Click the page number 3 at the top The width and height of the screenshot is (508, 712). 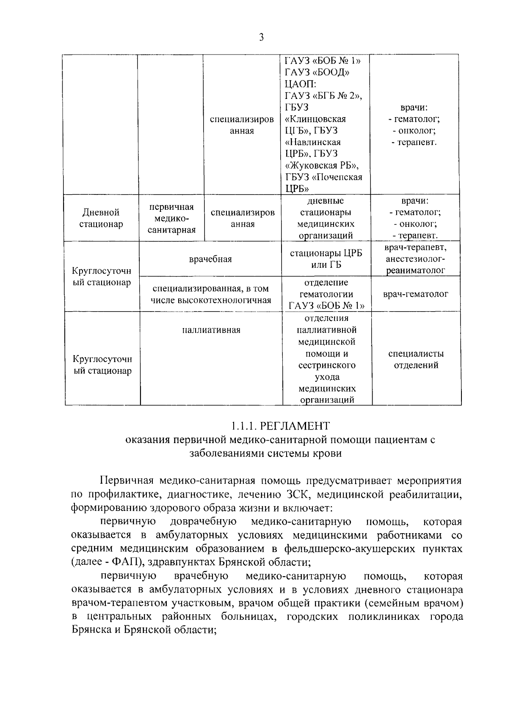(x=261, y=38)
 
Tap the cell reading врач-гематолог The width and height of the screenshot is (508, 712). (x=415, y=294)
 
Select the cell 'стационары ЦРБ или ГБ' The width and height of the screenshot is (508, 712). (x=326, y=259)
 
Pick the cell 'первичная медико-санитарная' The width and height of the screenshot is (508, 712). (x=171, y=218)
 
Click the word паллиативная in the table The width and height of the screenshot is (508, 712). (x=211, y=330)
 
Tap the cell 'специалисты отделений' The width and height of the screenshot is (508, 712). (x=416, y=359)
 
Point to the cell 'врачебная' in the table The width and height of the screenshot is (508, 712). (x=210, y=259)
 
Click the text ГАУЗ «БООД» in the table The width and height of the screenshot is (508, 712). (x=317, y=72)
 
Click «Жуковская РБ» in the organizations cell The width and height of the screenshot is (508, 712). (x=322, y=165)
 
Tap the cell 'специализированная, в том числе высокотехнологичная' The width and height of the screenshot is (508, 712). (x=210, y=294)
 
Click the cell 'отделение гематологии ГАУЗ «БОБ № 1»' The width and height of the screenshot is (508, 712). (x=326, y=294)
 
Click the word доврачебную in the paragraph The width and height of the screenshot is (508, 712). (x=203, y=522)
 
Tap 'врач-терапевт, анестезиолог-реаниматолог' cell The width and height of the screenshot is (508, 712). (x=416, y=258)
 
